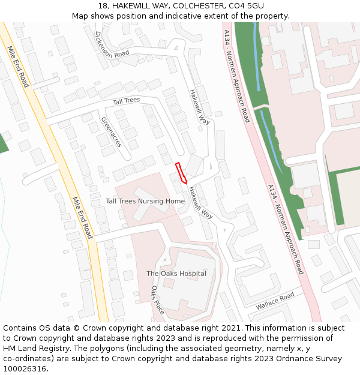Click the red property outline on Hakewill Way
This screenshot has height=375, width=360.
181,173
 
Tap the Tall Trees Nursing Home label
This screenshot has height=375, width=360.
145,201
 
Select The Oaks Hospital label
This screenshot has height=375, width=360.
176,274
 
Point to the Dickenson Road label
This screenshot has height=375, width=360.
112,44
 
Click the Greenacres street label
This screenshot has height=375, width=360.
112,132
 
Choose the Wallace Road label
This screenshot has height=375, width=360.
275,301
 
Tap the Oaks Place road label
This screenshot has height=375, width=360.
157,300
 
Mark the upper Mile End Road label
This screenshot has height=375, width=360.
18,66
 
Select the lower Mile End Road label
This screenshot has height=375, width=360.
82,217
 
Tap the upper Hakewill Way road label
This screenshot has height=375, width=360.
199,107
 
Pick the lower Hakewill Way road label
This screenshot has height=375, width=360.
200,203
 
